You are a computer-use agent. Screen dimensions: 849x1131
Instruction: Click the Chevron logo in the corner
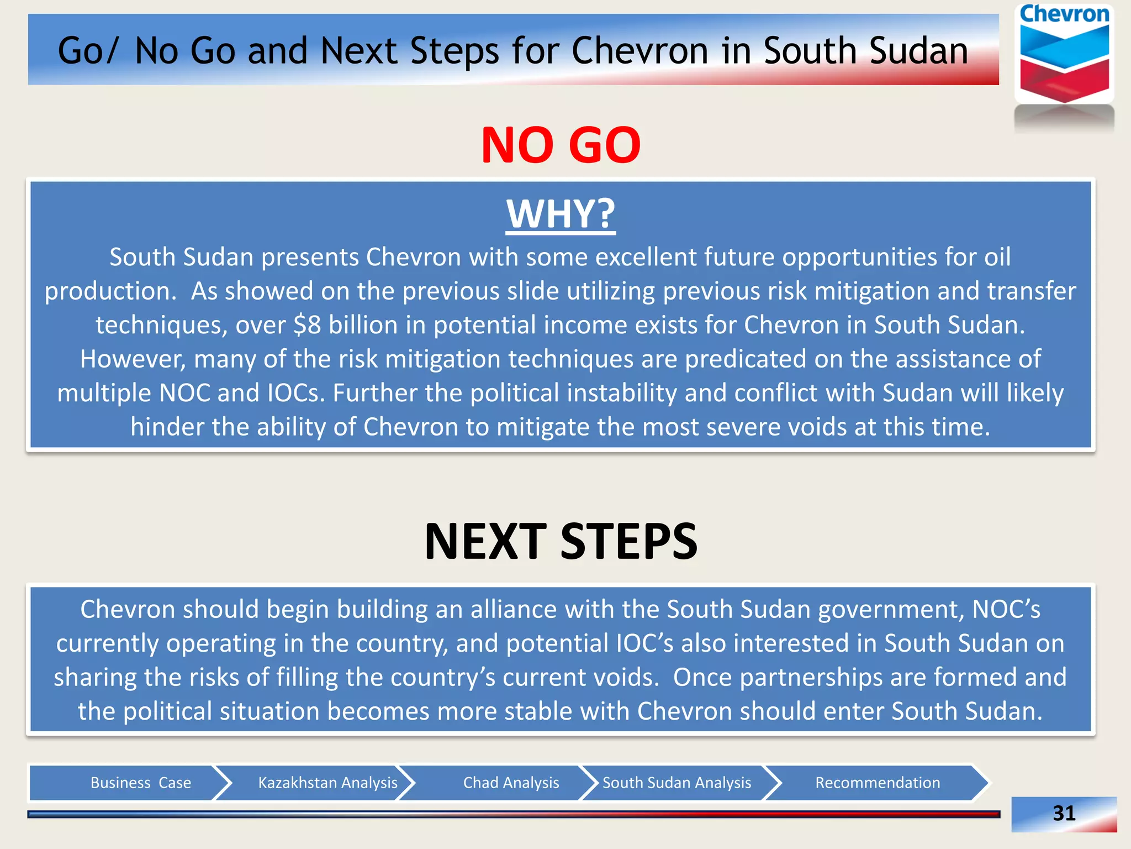point(1064,55)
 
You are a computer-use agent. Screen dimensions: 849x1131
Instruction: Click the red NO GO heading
point(561,145)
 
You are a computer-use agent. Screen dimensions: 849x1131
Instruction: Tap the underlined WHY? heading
point(561,214)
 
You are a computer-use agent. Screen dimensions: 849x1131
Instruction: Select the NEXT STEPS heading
point(561,541)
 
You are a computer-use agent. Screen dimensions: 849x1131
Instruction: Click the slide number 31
point(1064,813)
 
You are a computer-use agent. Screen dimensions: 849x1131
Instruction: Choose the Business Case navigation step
point(140,783)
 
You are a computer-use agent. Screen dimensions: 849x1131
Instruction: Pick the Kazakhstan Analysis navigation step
point(327,783)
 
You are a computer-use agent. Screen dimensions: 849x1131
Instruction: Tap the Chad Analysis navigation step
point(511,783)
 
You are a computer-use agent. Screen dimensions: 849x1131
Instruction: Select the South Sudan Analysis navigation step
point(677,783)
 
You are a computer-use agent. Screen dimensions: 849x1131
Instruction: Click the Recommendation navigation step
point(878,783)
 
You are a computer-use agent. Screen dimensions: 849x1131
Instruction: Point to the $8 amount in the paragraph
point(307,325)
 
